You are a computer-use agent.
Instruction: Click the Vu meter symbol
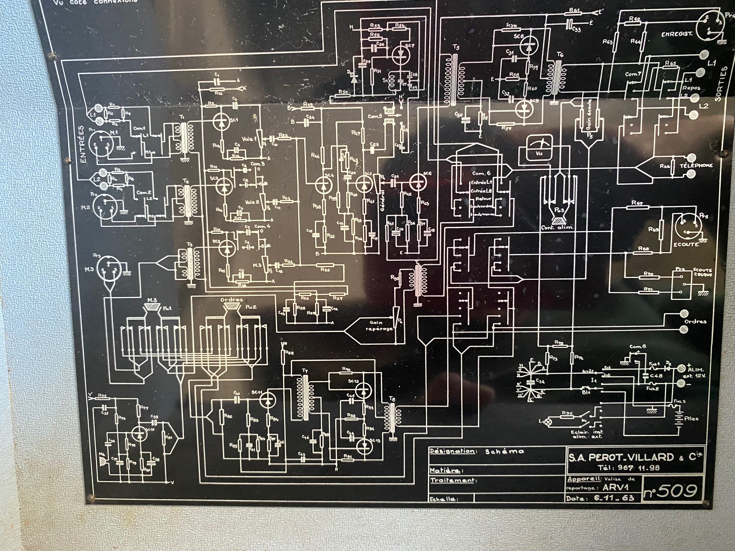(539, 148)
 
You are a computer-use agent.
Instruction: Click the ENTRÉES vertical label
(82, 144)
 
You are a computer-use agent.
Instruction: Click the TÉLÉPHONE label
(696, 165)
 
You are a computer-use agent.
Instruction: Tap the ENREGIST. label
(677, 34)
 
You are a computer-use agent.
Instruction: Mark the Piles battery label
(691, 418)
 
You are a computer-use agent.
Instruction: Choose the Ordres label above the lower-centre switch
(232, 300)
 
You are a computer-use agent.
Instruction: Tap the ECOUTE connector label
(686, 244)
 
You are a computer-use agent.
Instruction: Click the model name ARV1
(615, 488)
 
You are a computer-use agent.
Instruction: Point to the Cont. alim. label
(557, 227)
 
